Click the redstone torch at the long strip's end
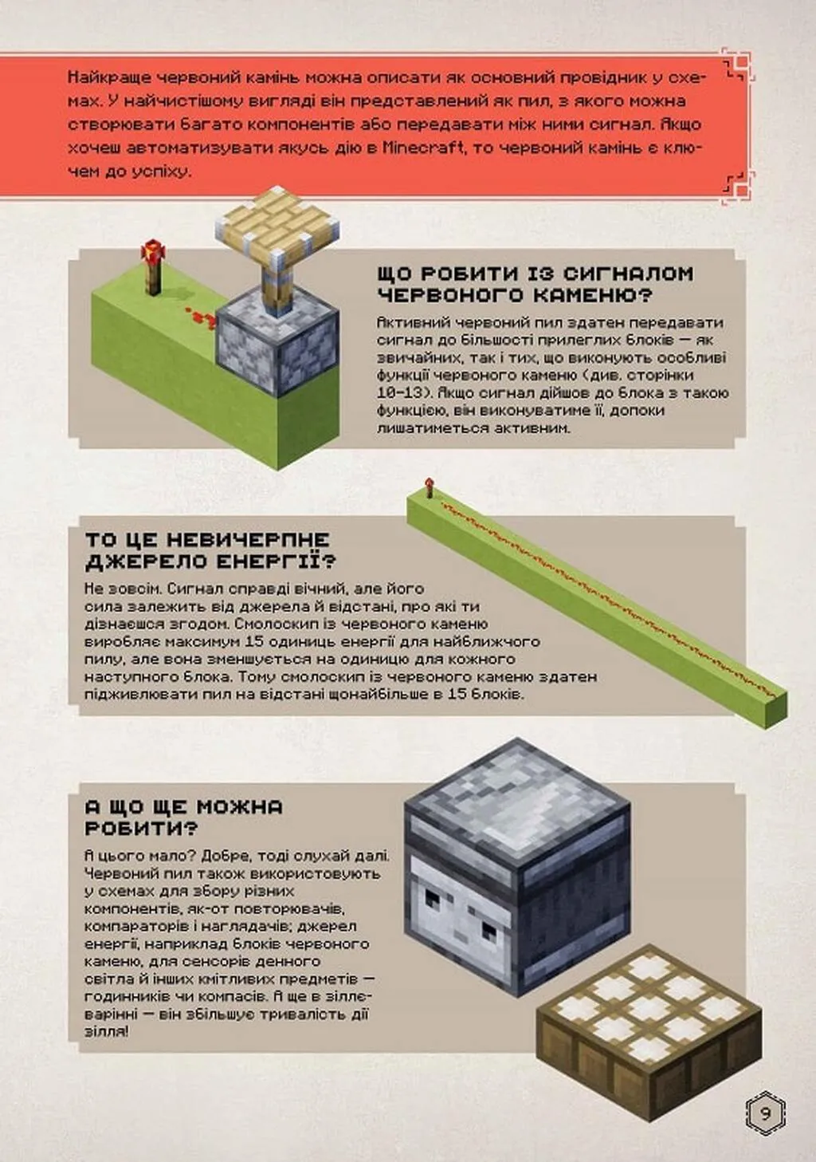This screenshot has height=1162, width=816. coord(429,488)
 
